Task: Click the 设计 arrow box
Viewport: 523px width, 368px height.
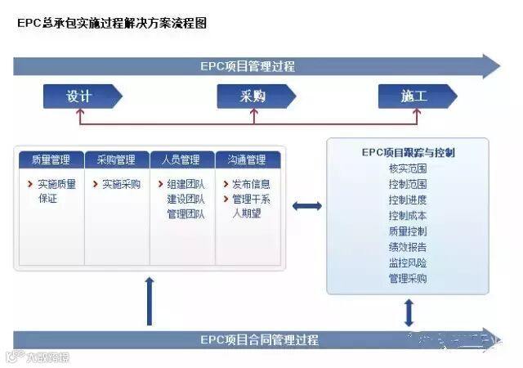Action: pos(81,96)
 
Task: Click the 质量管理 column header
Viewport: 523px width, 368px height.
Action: pos(51,159)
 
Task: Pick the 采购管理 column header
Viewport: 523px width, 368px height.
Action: pos(116,159)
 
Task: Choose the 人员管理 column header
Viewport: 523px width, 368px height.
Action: pos(181,159)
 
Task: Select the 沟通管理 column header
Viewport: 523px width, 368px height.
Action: pos(247,159)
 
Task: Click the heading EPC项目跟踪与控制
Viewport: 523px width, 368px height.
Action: pos(408,152)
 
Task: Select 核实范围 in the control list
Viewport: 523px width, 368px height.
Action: pos(408,168)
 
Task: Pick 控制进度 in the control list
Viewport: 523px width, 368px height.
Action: pos(408,200)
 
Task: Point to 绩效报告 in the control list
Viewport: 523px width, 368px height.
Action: pos(408,247)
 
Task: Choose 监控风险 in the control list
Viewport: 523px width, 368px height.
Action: pos(408,263)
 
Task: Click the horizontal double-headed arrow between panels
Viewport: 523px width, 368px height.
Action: pos(307,206)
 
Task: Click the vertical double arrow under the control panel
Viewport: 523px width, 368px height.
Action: pos(409,313)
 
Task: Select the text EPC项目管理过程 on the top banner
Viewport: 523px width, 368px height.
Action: pos(248,66)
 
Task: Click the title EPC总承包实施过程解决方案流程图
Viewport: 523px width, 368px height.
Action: pos(112,24)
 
